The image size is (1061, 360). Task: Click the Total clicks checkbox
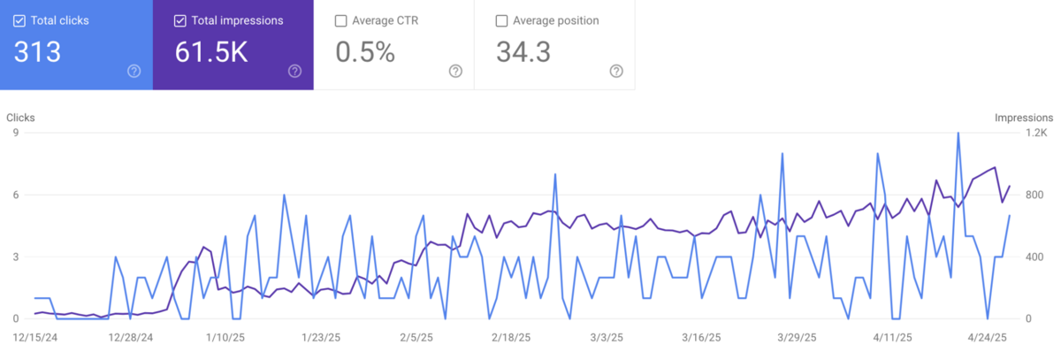tap(19, 20)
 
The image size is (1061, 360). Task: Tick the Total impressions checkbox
tap(180, 20)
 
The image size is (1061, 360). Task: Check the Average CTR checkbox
tap(341, 20)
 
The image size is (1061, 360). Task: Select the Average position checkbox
tap(502, 20)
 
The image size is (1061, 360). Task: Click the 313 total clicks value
tap(37, 52)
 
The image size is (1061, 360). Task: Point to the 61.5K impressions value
tap(211, 52)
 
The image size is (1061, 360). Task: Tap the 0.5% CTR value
tap(364, 52)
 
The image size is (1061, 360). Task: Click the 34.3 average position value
tap(523, 52)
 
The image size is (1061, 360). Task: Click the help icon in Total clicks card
tap(134, 71)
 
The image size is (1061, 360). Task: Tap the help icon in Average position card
tap(616, 71)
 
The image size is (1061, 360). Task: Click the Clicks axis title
tap(20, 117)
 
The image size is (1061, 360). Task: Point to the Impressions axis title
tap(1024, 117)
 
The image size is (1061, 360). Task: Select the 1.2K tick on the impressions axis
tap(1035, 134)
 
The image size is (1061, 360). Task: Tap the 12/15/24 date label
tap(35, 337)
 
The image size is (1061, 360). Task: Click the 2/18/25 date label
tap(512, 337)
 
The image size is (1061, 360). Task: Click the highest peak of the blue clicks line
tap(958, 134)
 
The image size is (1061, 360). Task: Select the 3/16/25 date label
tap(705, 337)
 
